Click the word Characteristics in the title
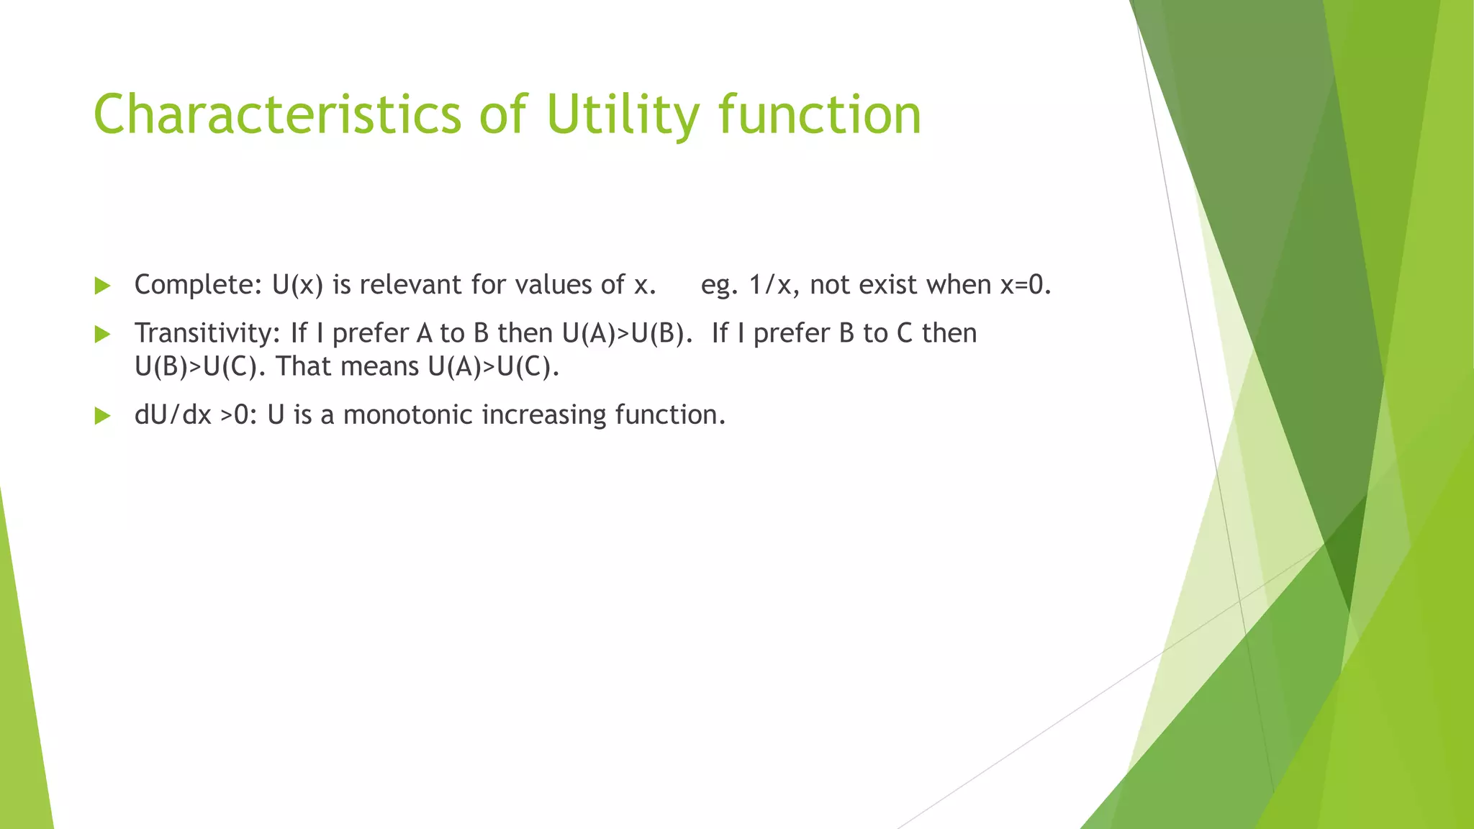[x=277, y=114]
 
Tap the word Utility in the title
[x=622, y=114]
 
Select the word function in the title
[x=820, y=114]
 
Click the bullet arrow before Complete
[x=102, y=286]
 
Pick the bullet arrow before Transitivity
[x=102, y=334]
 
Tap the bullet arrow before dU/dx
[x=102, y=416]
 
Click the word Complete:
[x=199, y=285]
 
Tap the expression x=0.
[x=1026, y=285]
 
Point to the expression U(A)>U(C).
[x=493, y=367]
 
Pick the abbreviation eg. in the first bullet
[x=719, y=286]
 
